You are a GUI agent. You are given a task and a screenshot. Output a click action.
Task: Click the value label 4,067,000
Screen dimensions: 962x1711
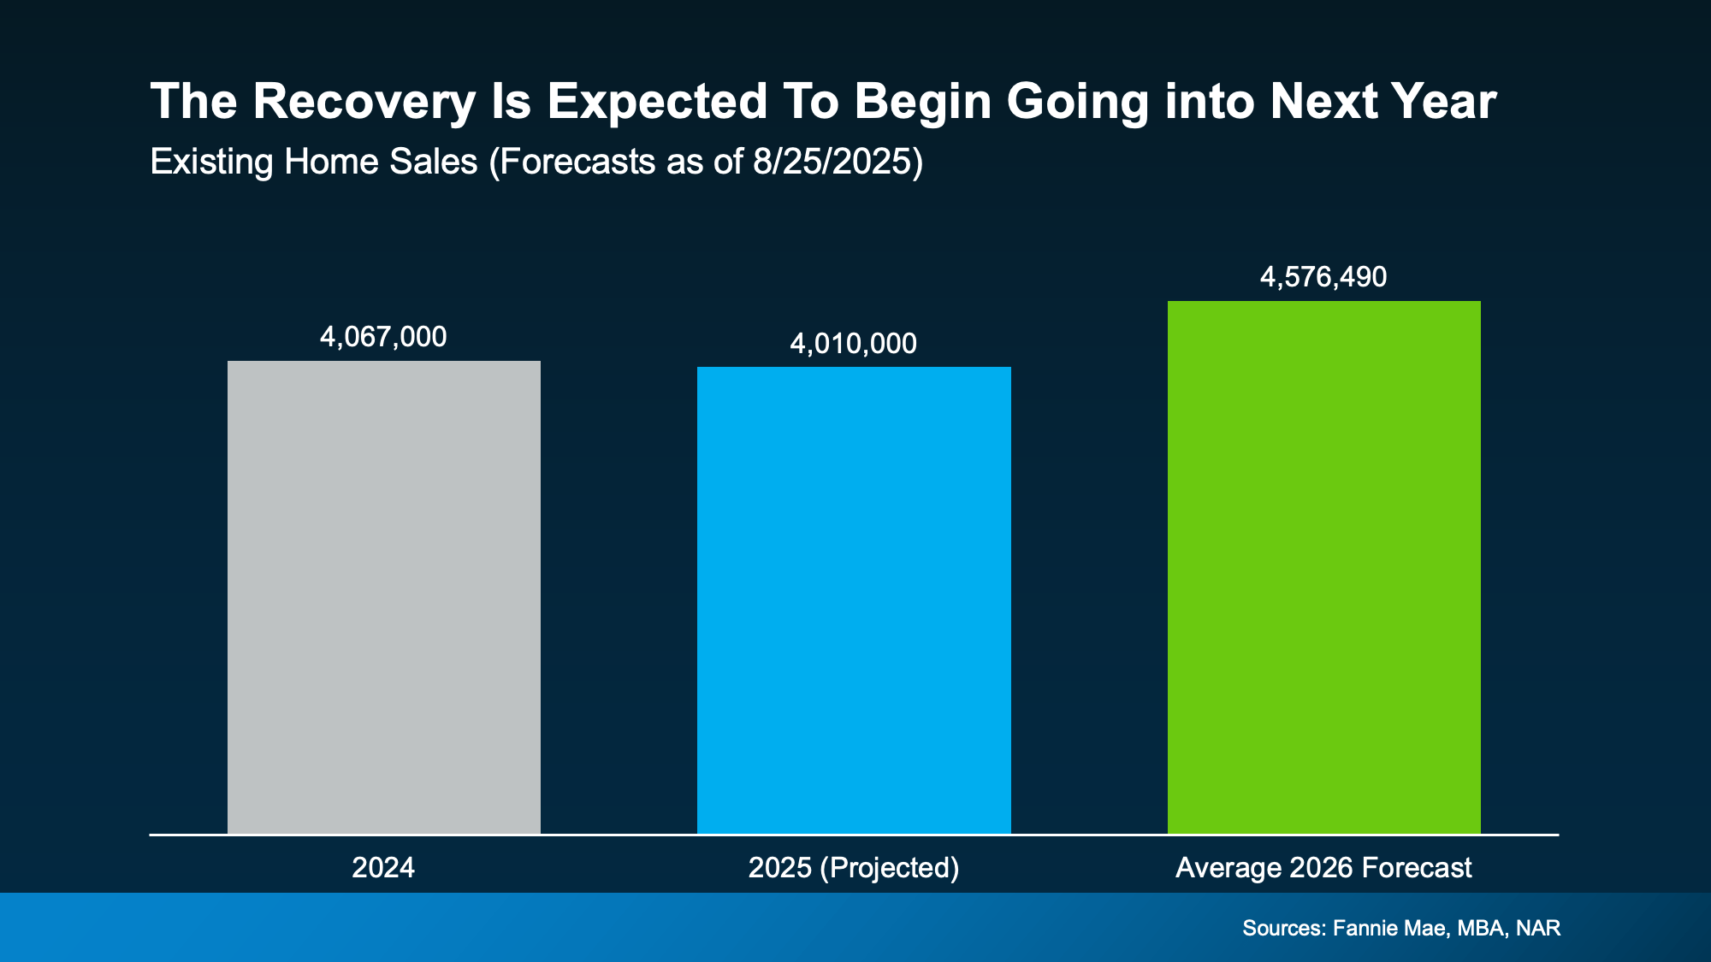(383, 337)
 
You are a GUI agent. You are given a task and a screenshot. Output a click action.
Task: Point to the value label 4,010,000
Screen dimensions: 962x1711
(853, 344)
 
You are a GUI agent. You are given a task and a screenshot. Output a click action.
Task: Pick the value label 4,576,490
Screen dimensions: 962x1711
(1323, 277)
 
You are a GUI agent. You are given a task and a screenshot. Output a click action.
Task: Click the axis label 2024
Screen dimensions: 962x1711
(383, 868)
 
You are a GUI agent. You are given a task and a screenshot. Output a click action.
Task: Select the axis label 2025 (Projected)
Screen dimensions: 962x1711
(854, 868)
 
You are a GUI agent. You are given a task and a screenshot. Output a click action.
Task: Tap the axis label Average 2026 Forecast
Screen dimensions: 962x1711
(1323, 868)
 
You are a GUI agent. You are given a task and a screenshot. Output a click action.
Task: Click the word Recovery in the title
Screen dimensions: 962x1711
(364, 102)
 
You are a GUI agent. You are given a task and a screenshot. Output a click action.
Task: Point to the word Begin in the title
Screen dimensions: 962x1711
(922, 102)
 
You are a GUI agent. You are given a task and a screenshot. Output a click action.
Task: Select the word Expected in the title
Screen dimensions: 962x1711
(657, 102)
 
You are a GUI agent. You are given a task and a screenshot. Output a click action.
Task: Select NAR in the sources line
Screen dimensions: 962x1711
(1538, 928)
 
